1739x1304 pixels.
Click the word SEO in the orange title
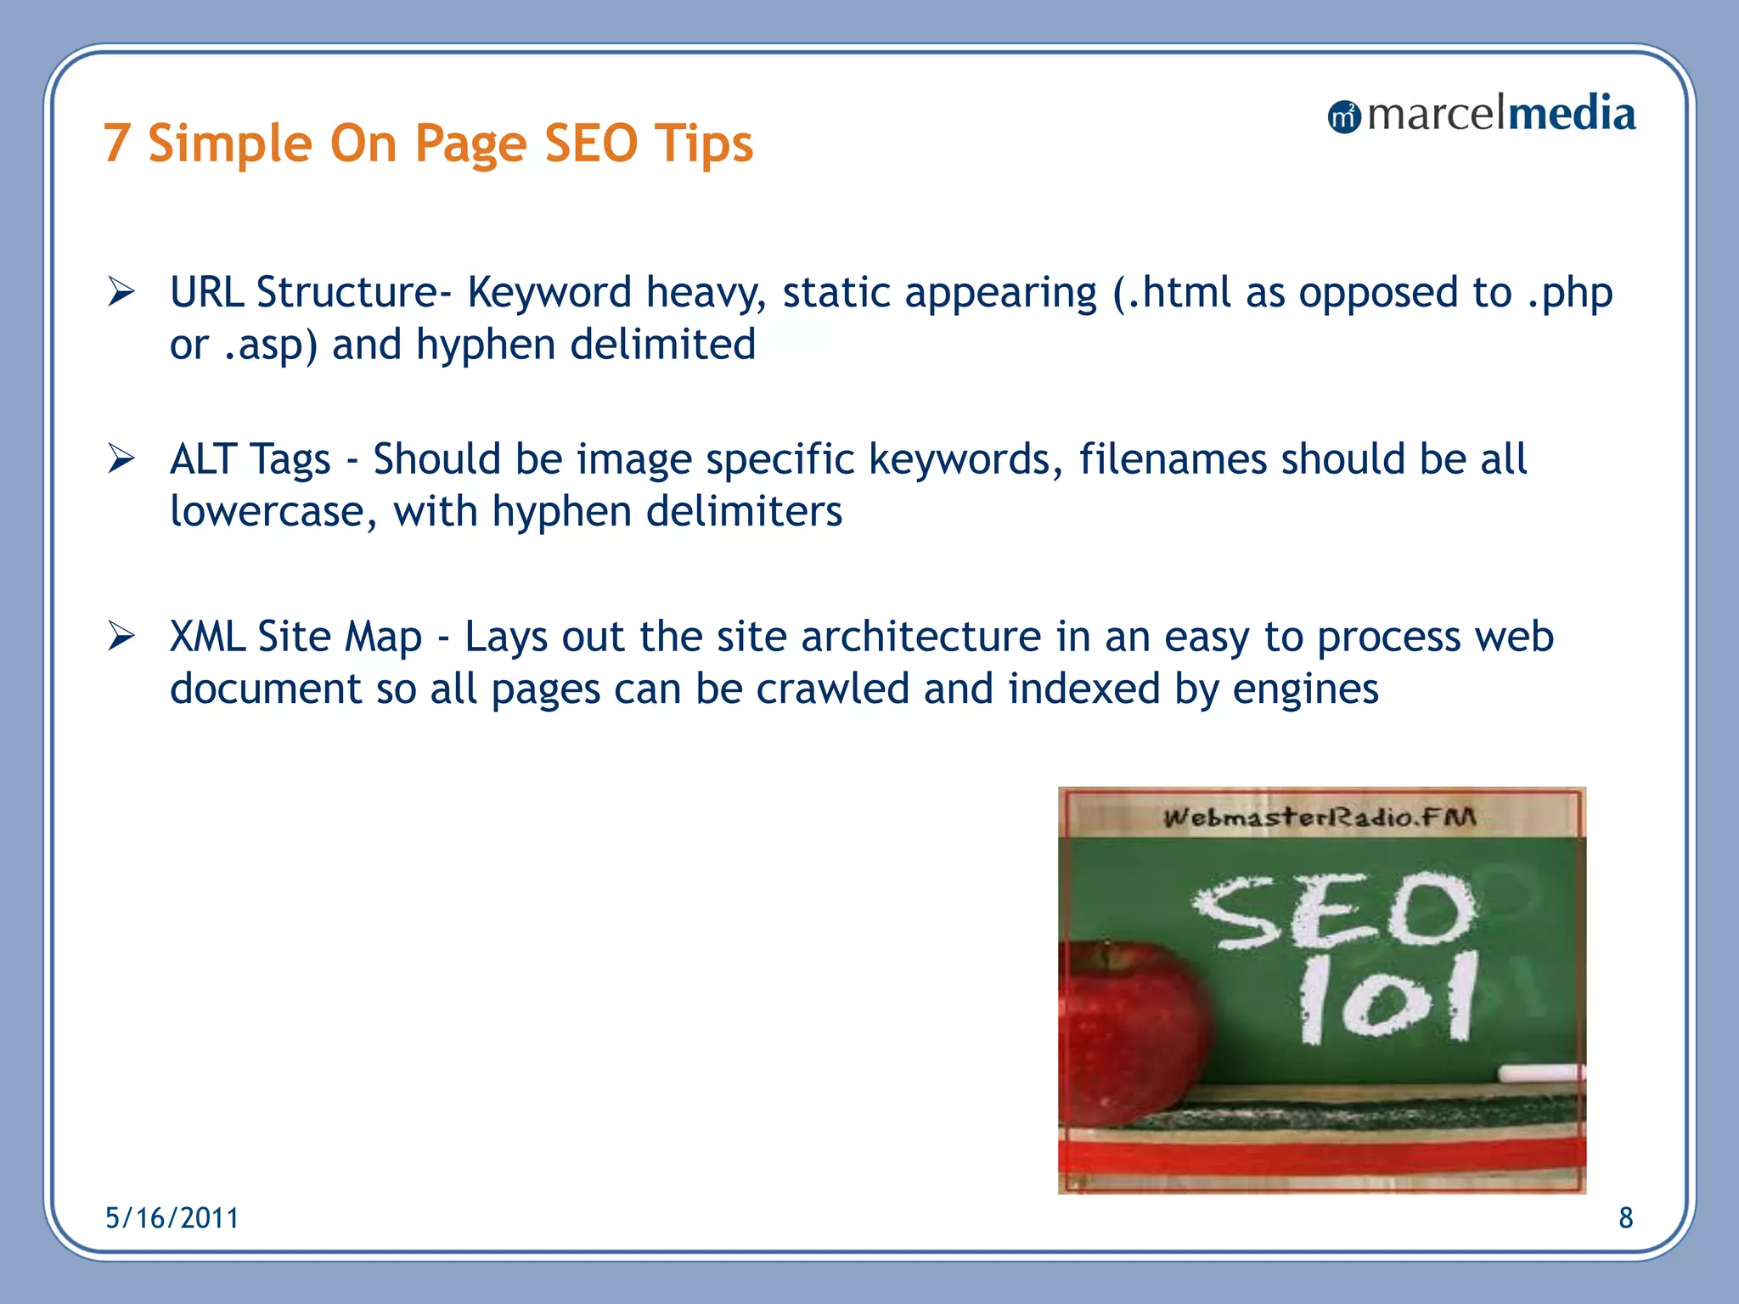click(590, 143)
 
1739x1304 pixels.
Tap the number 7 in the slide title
click(117, 143)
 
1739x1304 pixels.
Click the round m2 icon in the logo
click(1343, 116)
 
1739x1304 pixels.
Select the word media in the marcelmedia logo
click(1570, 114)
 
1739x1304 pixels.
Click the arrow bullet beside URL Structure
click(121, 293)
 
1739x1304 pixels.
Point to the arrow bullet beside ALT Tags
click(121, 459)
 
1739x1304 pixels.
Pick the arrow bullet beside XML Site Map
click(121, 636)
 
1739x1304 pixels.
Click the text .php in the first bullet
click(1570, 293)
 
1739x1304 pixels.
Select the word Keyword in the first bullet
click(549, 293)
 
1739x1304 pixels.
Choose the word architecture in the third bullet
click(920, 636)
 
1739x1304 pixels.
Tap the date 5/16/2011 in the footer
click(172, 1218)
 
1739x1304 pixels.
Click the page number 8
click(1625, 1218)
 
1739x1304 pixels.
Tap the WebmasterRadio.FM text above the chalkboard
click(1320, 818)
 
